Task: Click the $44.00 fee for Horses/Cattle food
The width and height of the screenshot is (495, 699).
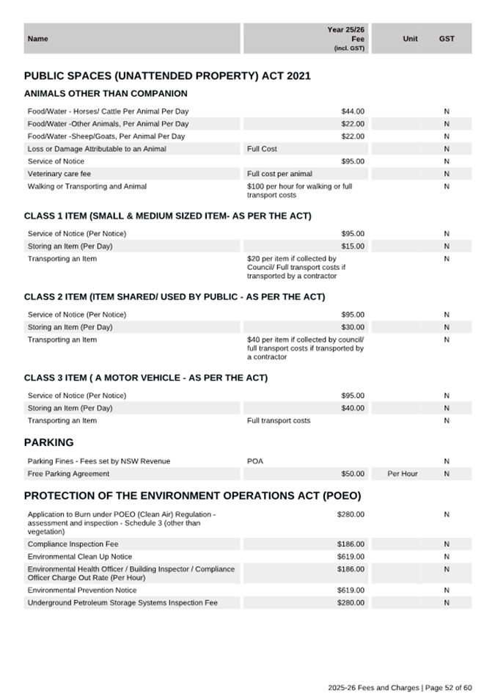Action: tap(352, 111)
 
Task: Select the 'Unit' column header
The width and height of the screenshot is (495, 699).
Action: tap(410, 39)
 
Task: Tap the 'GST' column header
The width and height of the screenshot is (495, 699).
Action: tap(447, 39)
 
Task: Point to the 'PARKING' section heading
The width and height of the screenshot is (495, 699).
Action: tap(49, 443)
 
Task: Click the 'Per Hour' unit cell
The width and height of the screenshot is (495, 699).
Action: tap(403, 474)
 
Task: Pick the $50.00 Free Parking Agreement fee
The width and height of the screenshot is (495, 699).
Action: tap(352, 474)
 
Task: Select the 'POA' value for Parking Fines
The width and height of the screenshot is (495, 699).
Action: tap(255, 461)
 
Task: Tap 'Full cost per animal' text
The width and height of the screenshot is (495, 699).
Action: tap(279, 174)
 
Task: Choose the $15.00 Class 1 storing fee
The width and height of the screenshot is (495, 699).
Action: tap(352, 246)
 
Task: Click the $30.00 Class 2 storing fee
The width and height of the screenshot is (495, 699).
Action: tap(352, 327)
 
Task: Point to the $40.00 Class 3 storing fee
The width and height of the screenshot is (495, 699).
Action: tap(352, 409)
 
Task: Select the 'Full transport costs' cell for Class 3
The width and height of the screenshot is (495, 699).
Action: tap(279, 421)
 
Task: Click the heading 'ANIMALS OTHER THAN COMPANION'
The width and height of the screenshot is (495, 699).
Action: tap(106, 94)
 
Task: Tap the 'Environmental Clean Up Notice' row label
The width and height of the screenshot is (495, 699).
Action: tap(80, 557)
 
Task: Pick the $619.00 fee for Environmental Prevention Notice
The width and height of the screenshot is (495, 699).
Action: tap(351, 590)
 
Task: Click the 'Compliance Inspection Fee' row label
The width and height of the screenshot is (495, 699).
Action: tap(73, 544)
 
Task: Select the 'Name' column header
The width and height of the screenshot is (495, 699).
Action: tap(37, 39)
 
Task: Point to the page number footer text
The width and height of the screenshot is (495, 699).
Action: tap(400, 687)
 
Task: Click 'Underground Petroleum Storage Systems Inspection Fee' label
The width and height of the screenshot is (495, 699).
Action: tap(122, 602)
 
